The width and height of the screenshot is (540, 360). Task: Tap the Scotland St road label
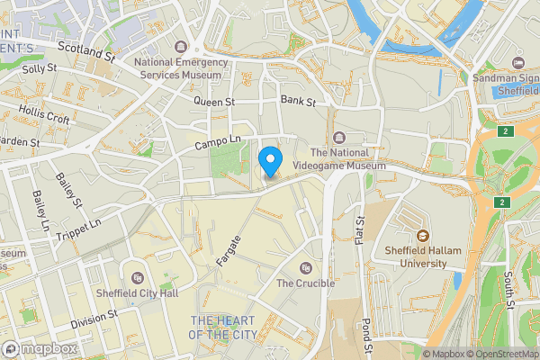86,50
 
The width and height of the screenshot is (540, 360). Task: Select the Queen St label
213,103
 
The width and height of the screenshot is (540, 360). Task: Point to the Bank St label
298,101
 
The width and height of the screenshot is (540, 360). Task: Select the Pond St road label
367,333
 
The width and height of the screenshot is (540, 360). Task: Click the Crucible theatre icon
306,268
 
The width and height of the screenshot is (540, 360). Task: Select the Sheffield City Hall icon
137,278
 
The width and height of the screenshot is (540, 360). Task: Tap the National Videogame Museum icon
338,138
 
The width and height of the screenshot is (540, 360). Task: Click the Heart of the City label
221,328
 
